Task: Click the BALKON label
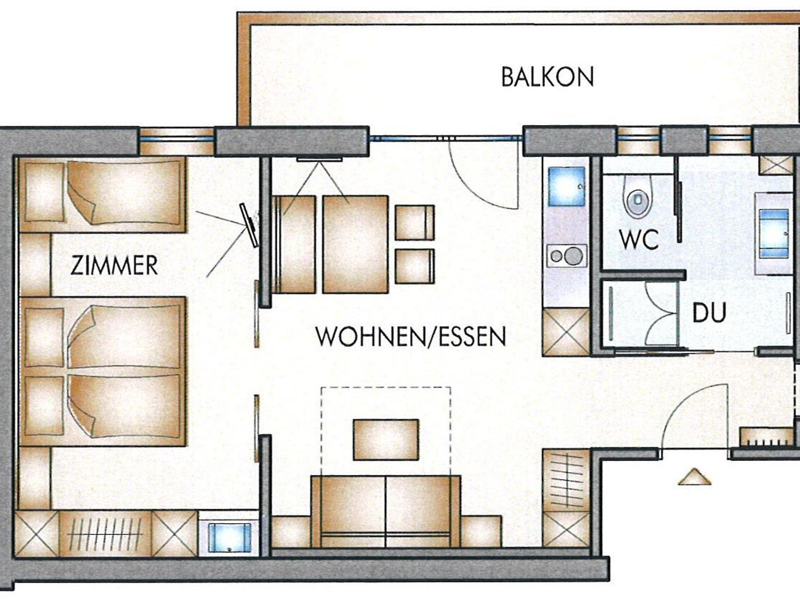pyautogui.click(x=547, y=77)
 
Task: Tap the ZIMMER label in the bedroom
pyautogui.click(x=114, y=265)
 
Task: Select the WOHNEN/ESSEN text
pyautogui.click(x=411, y=337)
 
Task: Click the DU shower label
pyautogui.click(x=709, y=312)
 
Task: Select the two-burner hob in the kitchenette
pyautogui.click(x=567, y=256)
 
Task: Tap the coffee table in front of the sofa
pyautogui.click(x=386, y=440)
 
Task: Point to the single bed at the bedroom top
pyautogui.click(x=102, y=194)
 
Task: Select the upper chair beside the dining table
pyautogui.click(x=414, y=222)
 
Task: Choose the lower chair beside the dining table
pyautogui.click(x=414, y=266)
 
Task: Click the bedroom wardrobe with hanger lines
pyautogui.click(x=105, y=534)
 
